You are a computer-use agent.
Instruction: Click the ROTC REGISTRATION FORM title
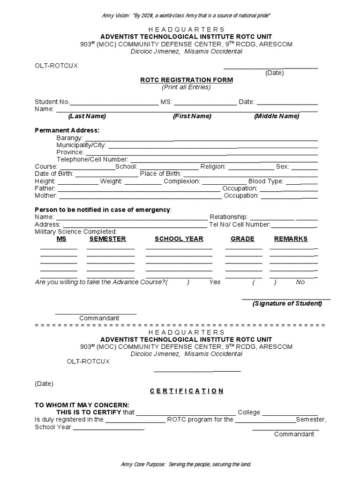pos(187,80)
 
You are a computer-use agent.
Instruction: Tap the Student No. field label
pos(52,102)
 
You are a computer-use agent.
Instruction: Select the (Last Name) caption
pos(87,116)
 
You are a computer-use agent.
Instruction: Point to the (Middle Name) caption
pos(277,116)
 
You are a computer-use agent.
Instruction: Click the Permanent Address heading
pos(67,130)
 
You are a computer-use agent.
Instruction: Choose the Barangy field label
pos(69,138)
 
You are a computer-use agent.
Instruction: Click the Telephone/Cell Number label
pos(92,159)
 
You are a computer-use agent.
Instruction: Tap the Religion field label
pos(213,166)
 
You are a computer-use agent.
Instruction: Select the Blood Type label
pos(266,181)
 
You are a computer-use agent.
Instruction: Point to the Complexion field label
pos(182,181)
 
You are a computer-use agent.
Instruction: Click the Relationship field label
pos(229,217)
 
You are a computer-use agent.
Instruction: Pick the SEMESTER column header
pos(108,239)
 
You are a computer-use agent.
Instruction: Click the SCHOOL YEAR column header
pos(179,239)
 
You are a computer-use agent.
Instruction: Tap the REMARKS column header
pos(291,239)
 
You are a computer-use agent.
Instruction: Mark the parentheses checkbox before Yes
pos(178,282)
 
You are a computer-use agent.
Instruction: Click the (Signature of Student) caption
pos(287,303)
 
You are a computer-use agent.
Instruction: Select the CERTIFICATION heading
pos(187,391)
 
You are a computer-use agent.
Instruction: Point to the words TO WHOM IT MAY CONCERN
pos(82,405)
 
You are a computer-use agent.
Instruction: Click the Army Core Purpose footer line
pos(186,464)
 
